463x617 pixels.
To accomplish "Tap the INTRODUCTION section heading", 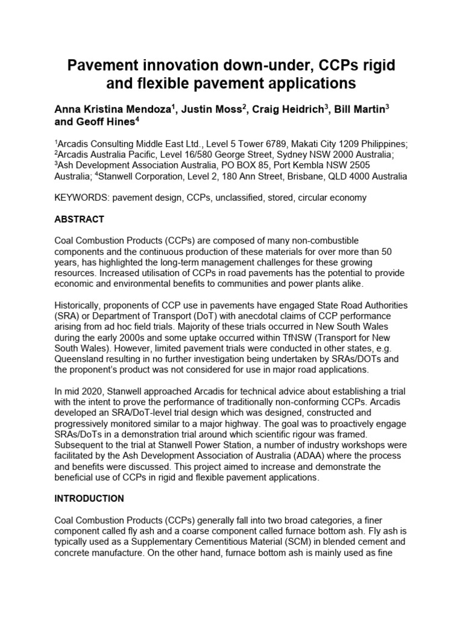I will tap(89, 498).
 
